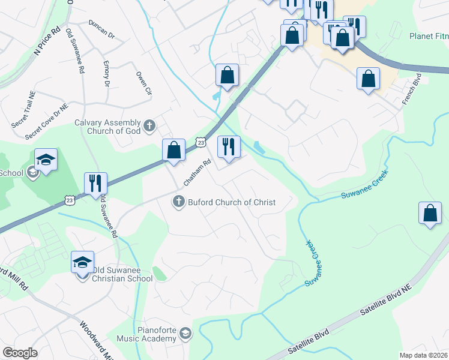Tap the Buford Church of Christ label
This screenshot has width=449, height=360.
pyautogui.click(x=231, y=202)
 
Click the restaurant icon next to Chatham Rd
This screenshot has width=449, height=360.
pyautogui.click(x=228, y=147)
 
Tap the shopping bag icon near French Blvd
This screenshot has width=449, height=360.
pyautogui.click(x=368, y=79)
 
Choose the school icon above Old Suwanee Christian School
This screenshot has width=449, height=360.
pyautogui.click(x=83, y=262)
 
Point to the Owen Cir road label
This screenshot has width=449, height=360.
pyautogui.click(x=143, y=83)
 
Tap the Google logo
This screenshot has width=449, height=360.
pyautogui.click(x=20, y=353)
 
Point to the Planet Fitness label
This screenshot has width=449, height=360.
pyautogui.click(x=429, y=36)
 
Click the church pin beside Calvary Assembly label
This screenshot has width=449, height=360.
pyautogui.click(x=149, y=126)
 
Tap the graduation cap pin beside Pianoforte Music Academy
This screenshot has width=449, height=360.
pyautogui.click(x=185, y=334)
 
